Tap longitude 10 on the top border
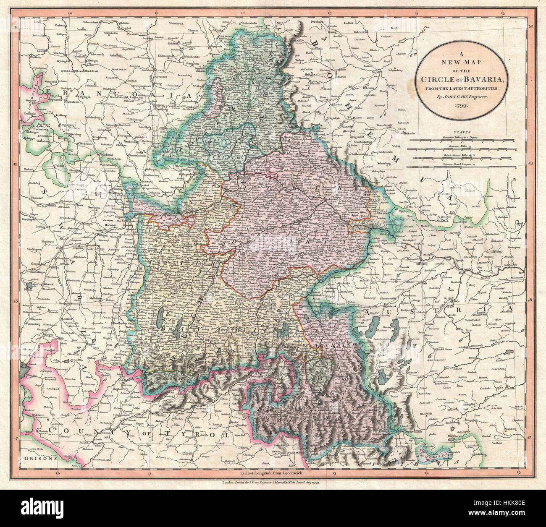click(x=70, y=13)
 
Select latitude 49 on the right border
click(x=530, y=164)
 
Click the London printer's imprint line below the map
click(x=273, y=484)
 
